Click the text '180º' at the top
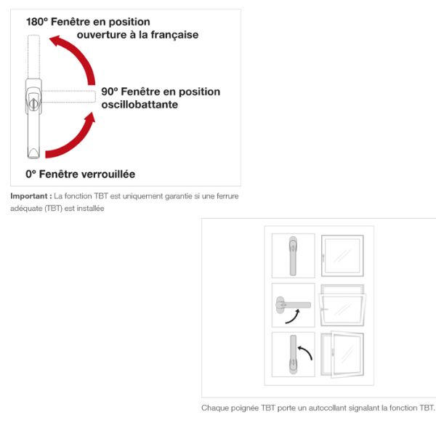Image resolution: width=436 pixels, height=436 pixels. pyautogui.click(x=37, y=22)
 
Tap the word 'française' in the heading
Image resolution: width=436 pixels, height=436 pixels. pyautogui.click(x=174, y=36)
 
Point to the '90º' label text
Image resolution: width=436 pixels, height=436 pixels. pyautogui.click(x=110, y=92)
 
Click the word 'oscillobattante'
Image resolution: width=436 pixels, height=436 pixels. pyautogui.click(x=140, y=105)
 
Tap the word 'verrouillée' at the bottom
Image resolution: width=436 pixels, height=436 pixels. pyautogui.click(x=108, y=174)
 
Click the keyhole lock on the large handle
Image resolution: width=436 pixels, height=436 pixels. pyautogui.click(x=33, y=104)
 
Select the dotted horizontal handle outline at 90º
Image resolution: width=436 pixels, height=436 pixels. pyautogui.click(x=68, y=97)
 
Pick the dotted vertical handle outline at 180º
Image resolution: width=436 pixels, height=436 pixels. pyautogui.click(x=33, y=57)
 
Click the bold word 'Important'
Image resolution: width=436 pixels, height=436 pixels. pyautogui.click(x=29, y=196)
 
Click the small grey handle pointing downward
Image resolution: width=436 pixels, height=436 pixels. pyautogui.click(x=293, y=256)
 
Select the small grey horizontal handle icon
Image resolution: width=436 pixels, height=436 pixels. pyautogui.click(x=293, y=305)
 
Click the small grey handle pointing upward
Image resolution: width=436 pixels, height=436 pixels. pyautogui.click(x=293, y=355)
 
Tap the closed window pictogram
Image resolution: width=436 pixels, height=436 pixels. pyautogui.click(x=342, y=256)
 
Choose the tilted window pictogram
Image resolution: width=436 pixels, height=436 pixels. pyautogui.click(x=342, y=305)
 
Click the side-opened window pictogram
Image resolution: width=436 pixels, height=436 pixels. pyautogui.click(x=342, y=355)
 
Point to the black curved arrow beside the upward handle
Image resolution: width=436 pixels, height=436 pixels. pyautogui.click(x=307, y=351)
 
